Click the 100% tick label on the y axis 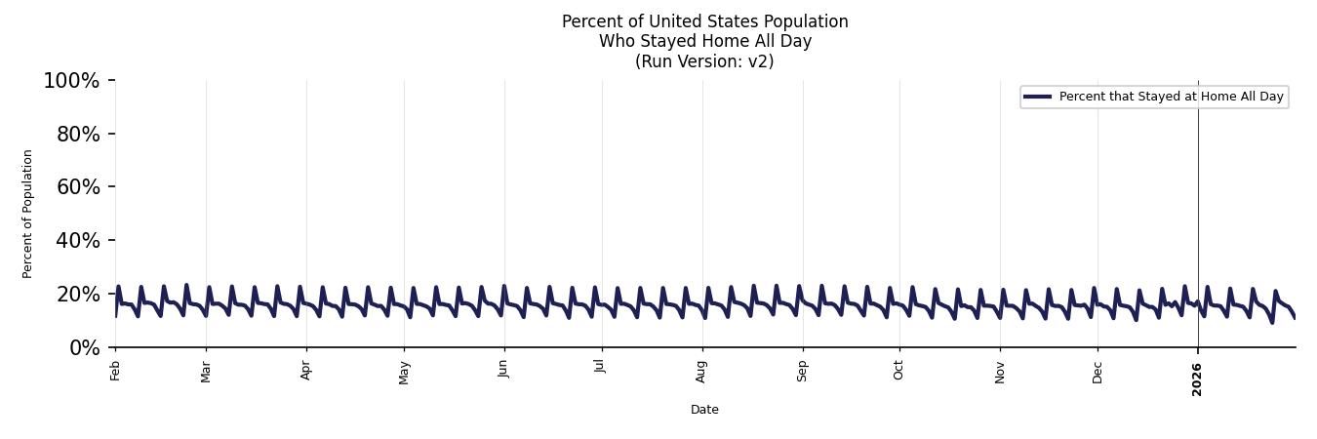click(71, 81)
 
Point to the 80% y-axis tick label click(78, 135)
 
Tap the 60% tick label click(78, 187)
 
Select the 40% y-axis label click(78, 241)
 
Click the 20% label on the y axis click(78, 295)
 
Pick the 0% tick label click(85, 348)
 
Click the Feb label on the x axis click(115, 371)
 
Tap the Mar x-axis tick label click(206, 372)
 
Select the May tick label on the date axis click(404, 373)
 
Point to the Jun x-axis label click(503, 370)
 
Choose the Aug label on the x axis click(701, 372)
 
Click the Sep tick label click(802, 371)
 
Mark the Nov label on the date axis click(999, 372)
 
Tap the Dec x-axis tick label click(1097, 372)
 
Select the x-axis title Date click(704, 410)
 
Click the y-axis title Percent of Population click(28, 214)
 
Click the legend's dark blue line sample click(1037, 97)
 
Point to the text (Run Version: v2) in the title click(704, 61)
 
